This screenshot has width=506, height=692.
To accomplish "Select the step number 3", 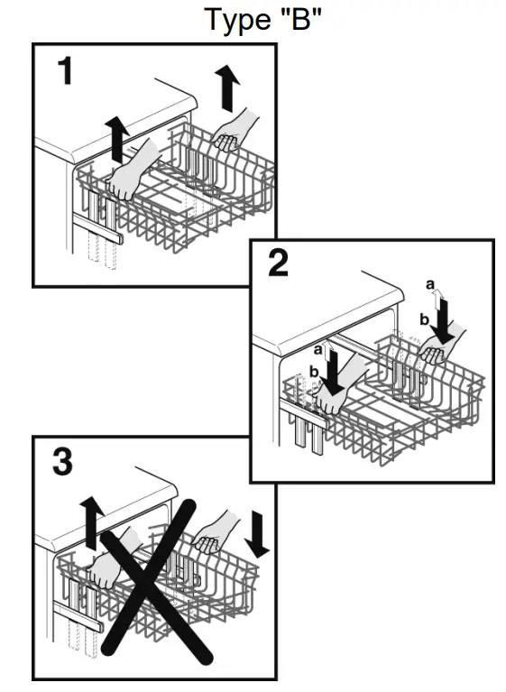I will click(62, 463).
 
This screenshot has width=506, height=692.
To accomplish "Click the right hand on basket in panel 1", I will click(233, 131).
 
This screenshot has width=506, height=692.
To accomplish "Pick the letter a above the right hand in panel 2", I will click(431, 285).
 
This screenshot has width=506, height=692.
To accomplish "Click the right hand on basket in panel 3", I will click(215, 537).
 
